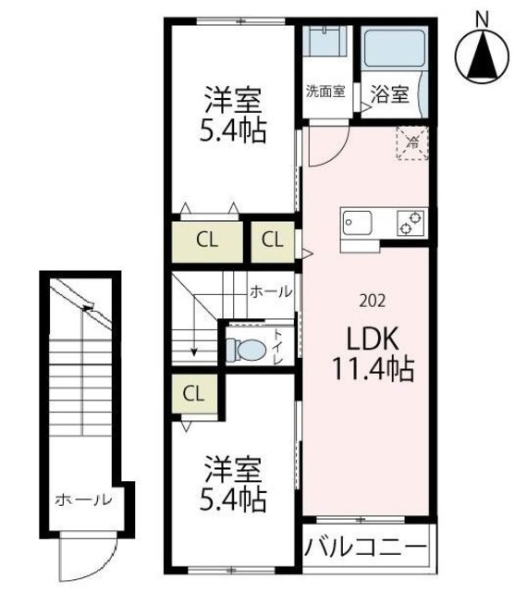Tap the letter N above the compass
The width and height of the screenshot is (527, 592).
pos(481,16)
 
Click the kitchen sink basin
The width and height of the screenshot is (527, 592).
pos(357,223)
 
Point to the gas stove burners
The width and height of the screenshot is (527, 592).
pos(410,223)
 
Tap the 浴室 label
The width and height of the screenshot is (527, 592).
pos(389,93)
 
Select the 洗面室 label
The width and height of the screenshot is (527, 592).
pos(325,92)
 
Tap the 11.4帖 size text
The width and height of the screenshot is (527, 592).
pos(373,370)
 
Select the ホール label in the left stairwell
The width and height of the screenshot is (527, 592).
pos(82,500)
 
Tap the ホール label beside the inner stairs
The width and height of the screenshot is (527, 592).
pos(271,290)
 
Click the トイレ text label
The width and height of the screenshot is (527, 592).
pos(278,344)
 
